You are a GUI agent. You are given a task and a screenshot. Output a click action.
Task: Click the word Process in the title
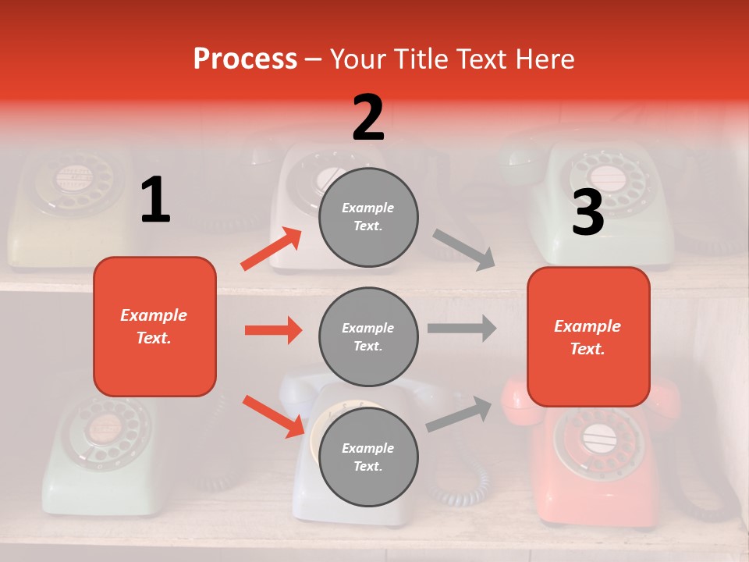point(245,59)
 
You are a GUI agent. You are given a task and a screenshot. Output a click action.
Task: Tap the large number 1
point(155,200)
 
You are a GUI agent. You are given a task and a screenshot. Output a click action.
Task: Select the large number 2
point(368,117)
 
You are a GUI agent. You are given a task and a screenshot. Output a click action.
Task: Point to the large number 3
point(587,212)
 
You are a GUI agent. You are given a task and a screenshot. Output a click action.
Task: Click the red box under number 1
point(154,326)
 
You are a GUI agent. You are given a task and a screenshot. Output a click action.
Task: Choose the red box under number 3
point(588,336)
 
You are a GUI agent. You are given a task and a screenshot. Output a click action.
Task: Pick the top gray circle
point(368,217)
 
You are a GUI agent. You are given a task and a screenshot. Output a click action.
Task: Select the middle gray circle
point(368,336)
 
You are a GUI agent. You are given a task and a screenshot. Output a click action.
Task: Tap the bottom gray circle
point(368,457)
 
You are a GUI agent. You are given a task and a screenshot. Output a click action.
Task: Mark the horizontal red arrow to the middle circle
point(273,330)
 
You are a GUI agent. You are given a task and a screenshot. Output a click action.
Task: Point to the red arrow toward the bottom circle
point(273,416)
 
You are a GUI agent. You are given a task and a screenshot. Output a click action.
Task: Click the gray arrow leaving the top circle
point(464,249)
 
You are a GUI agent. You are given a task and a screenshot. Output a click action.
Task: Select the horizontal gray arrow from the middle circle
point(462,328)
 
